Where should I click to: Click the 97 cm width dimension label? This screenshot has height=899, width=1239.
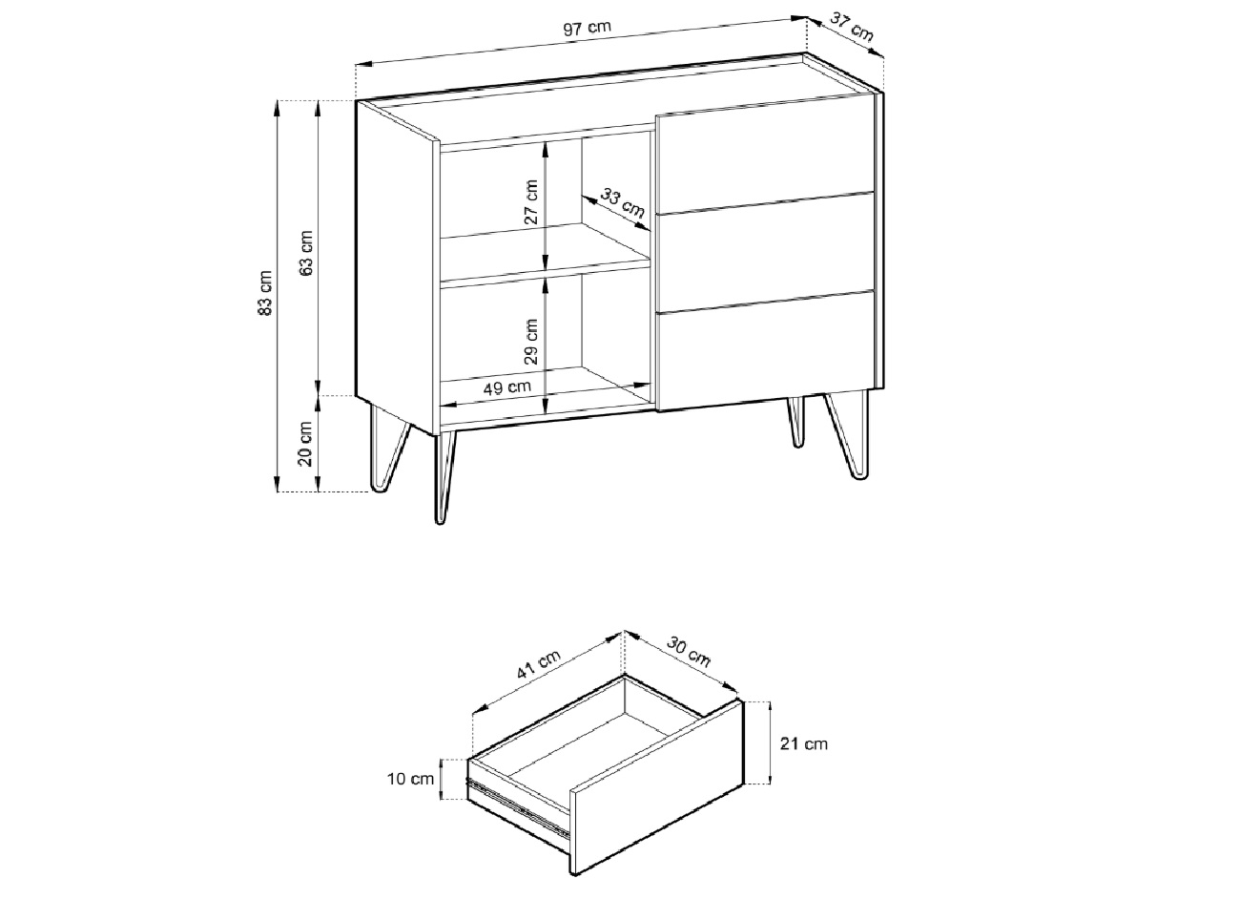587,27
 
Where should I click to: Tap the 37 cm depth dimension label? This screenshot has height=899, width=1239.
852,28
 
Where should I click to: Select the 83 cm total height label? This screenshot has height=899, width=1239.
265,293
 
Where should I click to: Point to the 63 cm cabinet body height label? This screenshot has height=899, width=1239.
306,253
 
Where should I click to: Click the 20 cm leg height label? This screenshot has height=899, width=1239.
305,444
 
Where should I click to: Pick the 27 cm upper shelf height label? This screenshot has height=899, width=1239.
530,201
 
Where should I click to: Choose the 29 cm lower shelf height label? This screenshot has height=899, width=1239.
530,341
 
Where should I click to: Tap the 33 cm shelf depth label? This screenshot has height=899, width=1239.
623,203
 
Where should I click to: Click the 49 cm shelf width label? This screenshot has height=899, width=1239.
507,387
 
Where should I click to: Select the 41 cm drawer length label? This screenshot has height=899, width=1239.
539,663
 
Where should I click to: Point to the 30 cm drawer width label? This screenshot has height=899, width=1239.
688,652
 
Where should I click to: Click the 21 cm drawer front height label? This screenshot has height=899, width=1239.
804,743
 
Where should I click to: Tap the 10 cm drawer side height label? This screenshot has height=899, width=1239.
410,779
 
